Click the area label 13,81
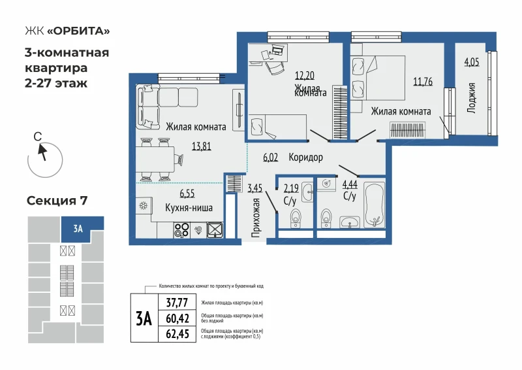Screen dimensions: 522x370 point(202,146)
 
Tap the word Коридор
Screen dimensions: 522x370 point(305,157)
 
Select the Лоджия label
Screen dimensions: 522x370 point(471,98)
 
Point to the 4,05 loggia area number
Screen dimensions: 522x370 point(472,62)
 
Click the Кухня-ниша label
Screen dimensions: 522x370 point(189,208)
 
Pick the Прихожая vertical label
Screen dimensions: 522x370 point(256,218)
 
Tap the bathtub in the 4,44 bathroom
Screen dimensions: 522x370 point(375,205)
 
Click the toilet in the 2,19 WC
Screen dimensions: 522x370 point(296,218)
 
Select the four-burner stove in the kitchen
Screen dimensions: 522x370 point(182,230)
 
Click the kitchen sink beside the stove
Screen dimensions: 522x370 point(215,230)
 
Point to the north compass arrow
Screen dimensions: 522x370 point(42,152)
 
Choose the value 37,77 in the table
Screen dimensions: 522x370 point(177,303)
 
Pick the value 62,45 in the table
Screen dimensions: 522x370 point(177,333)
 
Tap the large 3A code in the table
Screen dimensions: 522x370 point(144,318)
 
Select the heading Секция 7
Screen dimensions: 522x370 point(57,201)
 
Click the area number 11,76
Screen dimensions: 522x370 point(423,82)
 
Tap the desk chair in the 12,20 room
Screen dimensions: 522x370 point(275,68)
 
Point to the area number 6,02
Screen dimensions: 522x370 point(270,157)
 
